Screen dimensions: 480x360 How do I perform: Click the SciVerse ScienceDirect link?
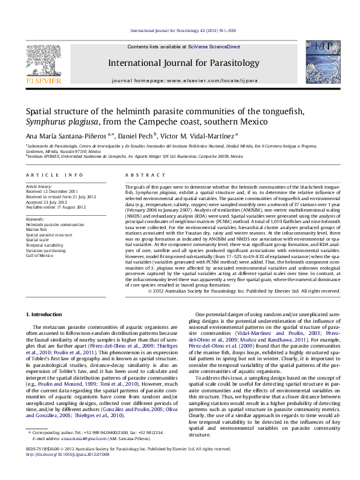tap(214, 47)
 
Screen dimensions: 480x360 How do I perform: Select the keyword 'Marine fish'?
tap(37, 229)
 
